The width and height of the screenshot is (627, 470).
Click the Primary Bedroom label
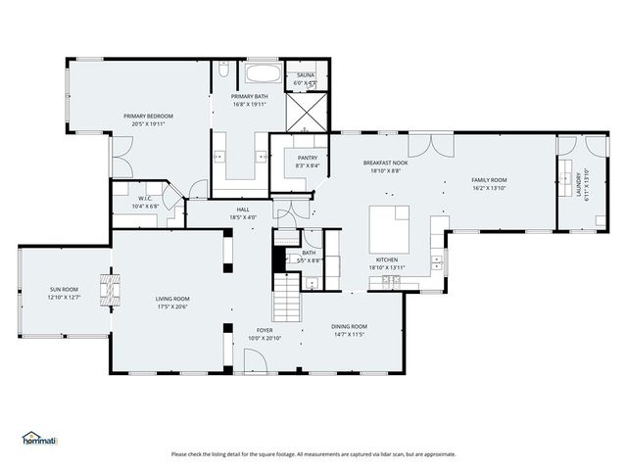(143, 116)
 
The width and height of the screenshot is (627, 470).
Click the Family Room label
(489, 180)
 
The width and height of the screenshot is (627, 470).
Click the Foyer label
(265, 331)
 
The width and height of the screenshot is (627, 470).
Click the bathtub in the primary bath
(262, 73)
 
